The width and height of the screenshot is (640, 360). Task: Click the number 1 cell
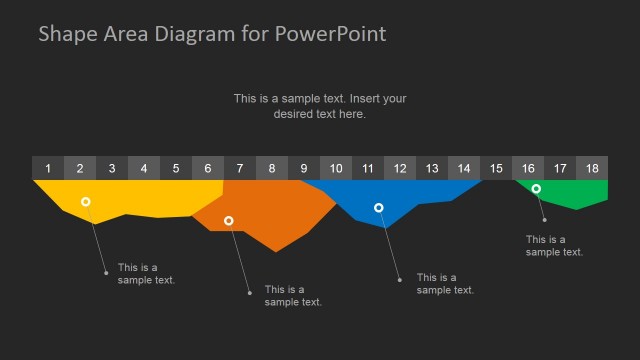48,168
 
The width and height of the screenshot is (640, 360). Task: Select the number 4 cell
144,168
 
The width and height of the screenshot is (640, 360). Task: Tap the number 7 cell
240,168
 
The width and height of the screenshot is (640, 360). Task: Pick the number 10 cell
336,168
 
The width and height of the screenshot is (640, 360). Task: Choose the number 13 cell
432,168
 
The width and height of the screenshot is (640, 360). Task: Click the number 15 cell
496,168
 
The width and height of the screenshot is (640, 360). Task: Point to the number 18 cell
592,168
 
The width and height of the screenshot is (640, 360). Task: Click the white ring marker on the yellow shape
86,202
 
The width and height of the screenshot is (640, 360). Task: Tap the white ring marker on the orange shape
229,220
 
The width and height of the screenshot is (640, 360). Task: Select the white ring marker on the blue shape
379,208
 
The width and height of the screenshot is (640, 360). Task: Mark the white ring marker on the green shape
536,189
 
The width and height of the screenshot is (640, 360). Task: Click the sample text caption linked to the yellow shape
146,274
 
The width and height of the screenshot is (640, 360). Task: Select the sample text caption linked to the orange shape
293,296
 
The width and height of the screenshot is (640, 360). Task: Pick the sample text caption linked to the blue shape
445,284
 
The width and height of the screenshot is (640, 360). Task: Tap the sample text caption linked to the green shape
554,246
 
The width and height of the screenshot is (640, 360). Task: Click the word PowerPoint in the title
333,34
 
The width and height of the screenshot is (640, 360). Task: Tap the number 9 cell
304,168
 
